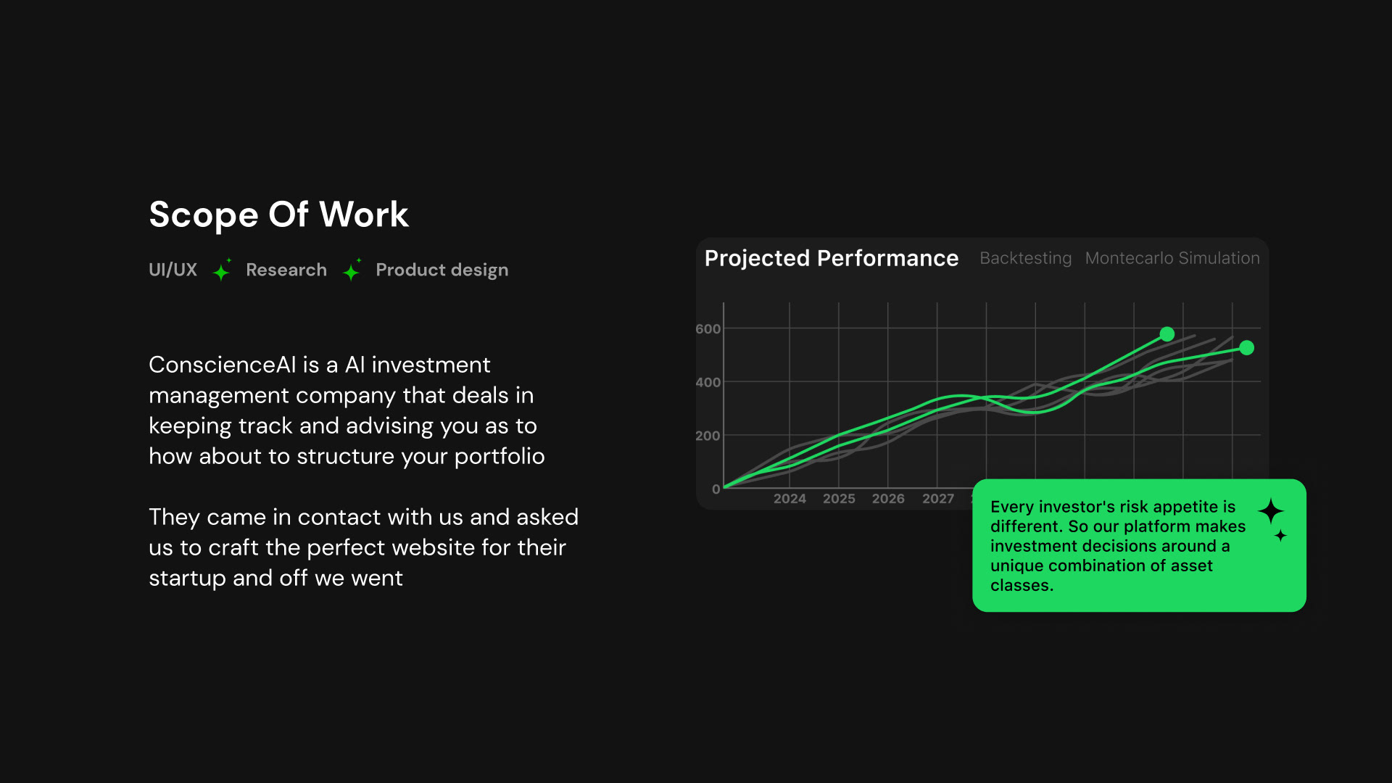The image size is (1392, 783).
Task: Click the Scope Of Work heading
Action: pos(278,215)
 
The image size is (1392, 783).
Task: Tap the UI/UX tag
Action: pos(173,270)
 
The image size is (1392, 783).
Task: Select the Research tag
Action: pos(286,270)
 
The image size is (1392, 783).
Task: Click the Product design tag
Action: pos(442,270)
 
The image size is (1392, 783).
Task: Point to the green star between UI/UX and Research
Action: pos(222,270)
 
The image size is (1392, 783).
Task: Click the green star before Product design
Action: pos(352,270)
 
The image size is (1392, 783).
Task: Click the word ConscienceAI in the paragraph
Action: pos(223,365)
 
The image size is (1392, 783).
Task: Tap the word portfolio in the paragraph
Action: pos(500,457)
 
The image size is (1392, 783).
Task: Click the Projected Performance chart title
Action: pos(832,259)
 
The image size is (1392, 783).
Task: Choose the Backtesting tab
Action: pos(1025,259)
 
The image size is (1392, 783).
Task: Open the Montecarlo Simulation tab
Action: pos(1172,258)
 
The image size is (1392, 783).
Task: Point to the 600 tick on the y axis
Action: pos(708,329)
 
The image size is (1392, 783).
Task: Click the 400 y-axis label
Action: pos(708,383)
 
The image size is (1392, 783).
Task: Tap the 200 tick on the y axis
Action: pos(708,436)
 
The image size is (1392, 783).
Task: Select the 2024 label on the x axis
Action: pos(790,499)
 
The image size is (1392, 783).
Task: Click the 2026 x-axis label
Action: pos(888,499)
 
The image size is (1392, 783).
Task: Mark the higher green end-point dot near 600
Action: pos(1167,334)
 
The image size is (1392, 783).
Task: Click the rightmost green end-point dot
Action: pos(1246,348)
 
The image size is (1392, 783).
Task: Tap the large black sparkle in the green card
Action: pos(1270,512)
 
